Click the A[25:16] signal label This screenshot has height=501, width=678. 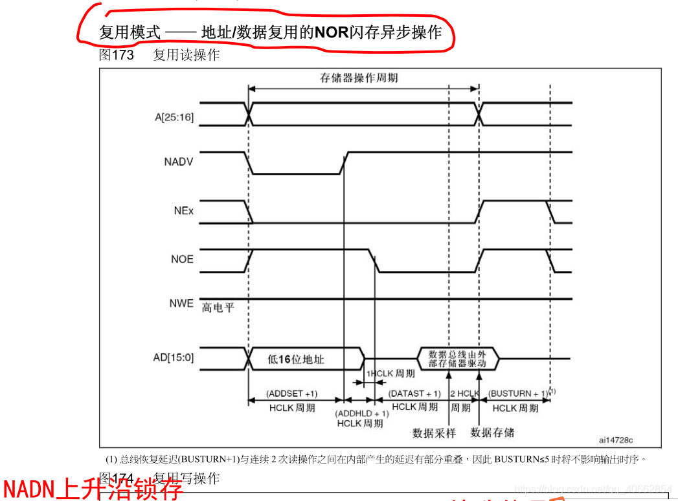coord(174,117)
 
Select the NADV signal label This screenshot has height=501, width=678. coord(179,162)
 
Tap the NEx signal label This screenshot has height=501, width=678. coord(183,211)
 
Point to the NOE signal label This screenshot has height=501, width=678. coord(181,259)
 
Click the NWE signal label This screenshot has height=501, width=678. coord(181,303)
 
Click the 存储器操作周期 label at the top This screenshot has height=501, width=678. coord(359,78)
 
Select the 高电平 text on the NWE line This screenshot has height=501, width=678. coord(218,307)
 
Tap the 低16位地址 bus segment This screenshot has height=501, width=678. coord(295,359)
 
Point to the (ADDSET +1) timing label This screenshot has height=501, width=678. coord(291,394)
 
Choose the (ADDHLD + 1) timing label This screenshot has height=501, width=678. coord(361,413)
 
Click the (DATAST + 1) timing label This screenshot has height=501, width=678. coord(414,394)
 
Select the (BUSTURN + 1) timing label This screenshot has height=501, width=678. coord(518,394)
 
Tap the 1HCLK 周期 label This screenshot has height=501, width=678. coord(391,374)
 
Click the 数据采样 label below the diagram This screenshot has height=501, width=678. coord(434,432)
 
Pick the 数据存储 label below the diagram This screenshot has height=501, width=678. coord(492,432)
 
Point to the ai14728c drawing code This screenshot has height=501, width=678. coord(616,440)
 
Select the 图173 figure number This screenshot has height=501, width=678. coord(117,55)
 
